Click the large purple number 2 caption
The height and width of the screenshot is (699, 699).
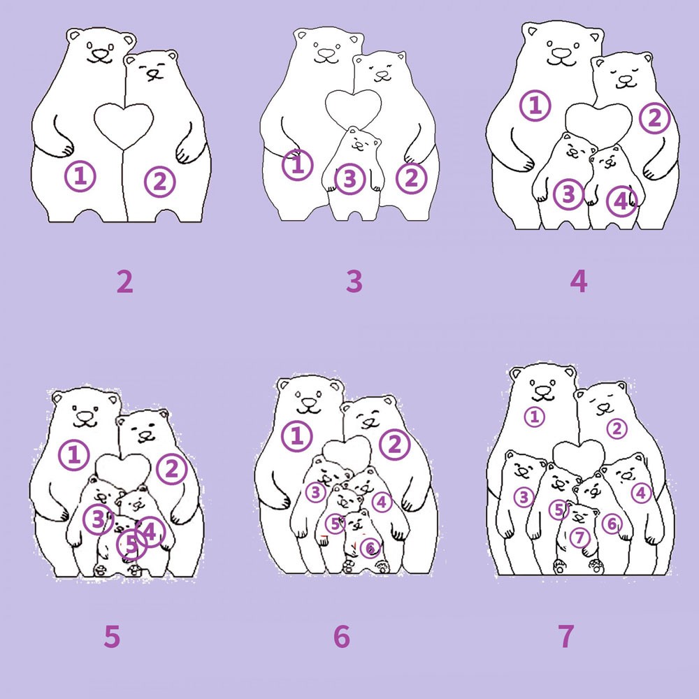coord(125,281)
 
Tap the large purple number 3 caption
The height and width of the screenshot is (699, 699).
coord(354,281)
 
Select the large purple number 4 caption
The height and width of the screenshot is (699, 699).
coord(579,281)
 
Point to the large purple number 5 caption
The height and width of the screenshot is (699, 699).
coord(112,636)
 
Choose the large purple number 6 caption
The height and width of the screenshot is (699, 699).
coord(342,636)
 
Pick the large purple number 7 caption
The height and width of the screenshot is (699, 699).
coord(566,636)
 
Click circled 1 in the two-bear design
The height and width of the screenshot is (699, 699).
coord(80,176)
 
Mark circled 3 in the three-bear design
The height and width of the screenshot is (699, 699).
coord(350,179)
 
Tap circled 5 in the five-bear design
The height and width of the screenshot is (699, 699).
coord(131,545)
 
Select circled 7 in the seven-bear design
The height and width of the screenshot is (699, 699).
coord(579,537)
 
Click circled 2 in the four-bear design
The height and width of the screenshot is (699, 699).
coord(654,118)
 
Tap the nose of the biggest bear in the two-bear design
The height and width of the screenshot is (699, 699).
coord(100,55)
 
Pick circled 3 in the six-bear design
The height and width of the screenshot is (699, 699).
coord(316,492)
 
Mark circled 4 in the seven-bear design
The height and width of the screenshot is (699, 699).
coord(642,493)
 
